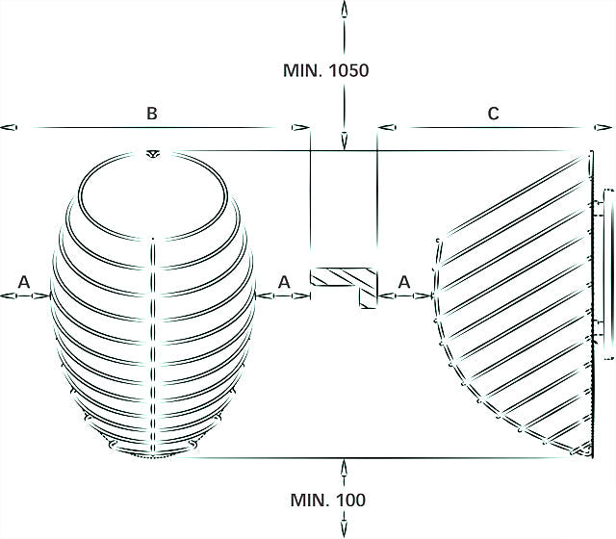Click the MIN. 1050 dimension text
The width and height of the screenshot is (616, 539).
(x=326, y=70)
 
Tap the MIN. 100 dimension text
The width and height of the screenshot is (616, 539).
(x=328, y=500)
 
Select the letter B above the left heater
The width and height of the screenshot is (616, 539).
(x=152, y=114)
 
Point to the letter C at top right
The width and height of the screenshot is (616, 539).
(x=493, y=114)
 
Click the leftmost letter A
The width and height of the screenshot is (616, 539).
(x=24, y=282)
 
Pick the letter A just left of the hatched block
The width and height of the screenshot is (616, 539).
(x=284, y=282)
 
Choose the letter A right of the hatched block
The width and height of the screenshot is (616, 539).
(x=404, y=282)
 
